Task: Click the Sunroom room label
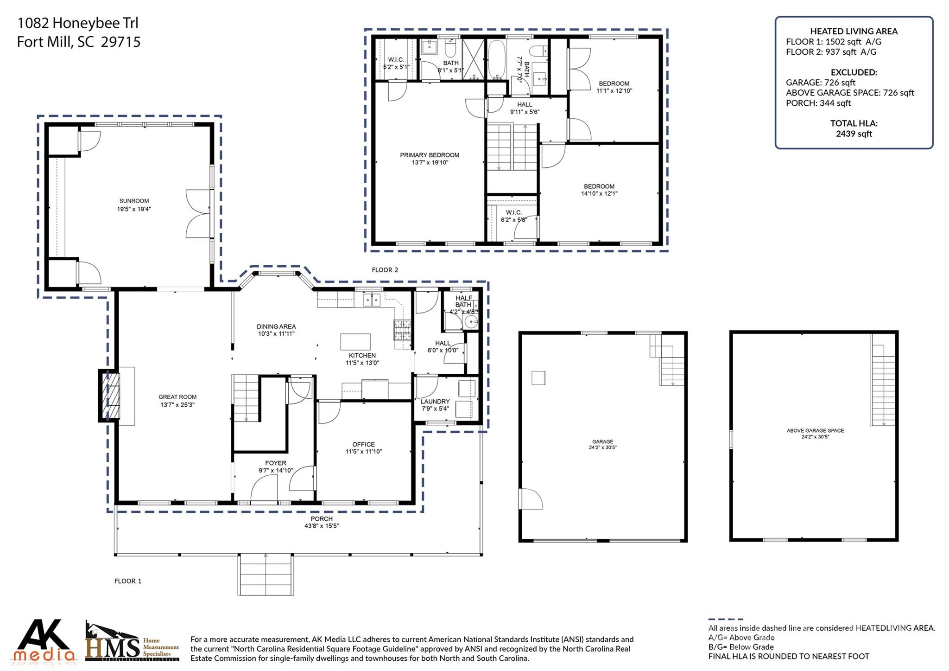(x=134, y=201)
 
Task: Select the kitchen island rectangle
(x=355, y=342)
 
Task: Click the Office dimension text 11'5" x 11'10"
(x=364, y=452)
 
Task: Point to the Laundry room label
(x=435, y=402)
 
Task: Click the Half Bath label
(x=463, y=301)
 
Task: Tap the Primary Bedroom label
(x=430, y=155)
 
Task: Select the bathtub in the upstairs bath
(x=497, y=60)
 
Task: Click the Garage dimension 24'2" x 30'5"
(x=602, y=447)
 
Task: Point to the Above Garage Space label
(x=815, y=430)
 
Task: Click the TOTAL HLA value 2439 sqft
(x=854, y=134)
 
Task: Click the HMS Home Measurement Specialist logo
(x=132, y=643)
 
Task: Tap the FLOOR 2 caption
(x=385, y=270)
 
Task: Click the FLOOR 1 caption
(x=128, y=581)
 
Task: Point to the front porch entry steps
(x=266, y=575)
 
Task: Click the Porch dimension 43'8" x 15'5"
(x=322, y=526)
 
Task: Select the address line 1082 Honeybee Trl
(x=77, y=23)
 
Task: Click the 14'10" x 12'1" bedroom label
(x=599, y=193)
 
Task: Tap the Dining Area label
(x=276, y=326)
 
